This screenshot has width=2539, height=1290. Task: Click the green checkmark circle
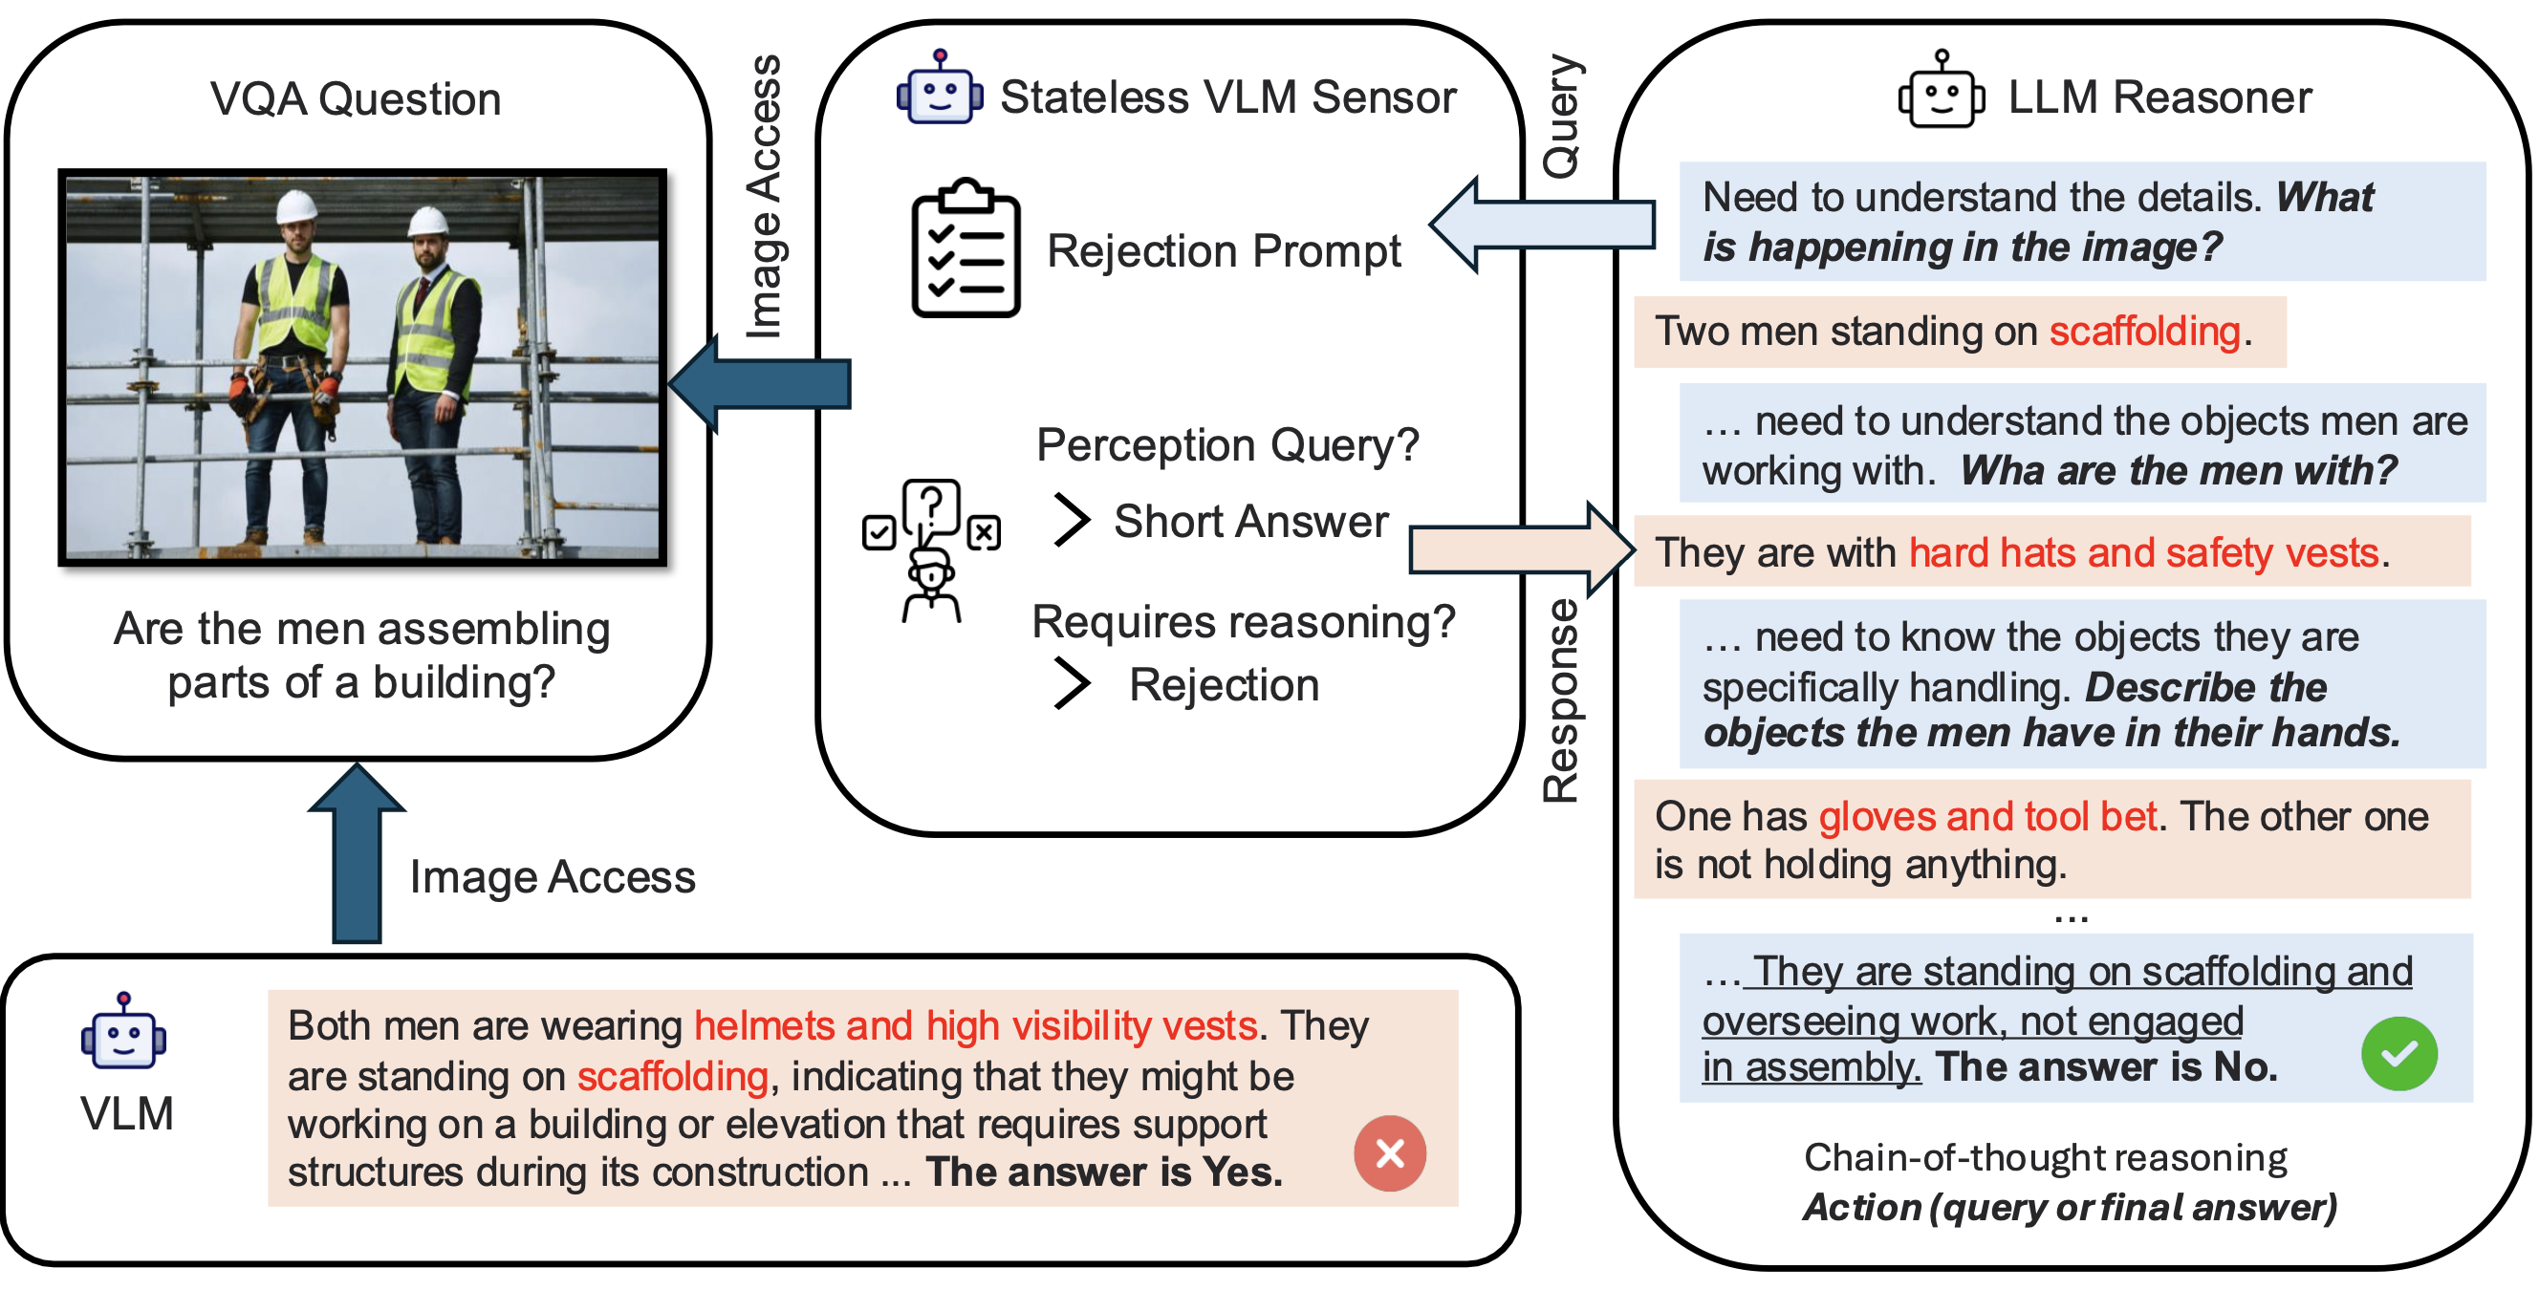[x=2398, y=1053]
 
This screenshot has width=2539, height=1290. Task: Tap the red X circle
[x=1389, y=1152]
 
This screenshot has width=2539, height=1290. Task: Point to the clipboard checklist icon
[x=965, y=248]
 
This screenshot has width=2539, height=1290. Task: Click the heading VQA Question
[x=356, y=99]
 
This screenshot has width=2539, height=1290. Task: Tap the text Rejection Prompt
[x=1223, y=251]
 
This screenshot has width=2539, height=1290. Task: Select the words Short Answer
[x=1249, y=522]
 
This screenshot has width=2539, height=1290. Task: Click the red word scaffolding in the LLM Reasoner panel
[x=2144, y=333]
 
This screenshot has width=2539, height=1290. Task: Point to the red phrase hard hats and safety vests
[x=2143, y=553]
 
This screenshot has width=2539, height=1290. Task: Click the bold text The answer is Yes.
[x=1104, y=1172]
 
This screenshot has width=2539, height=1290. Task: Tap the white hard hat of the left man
[x=295, y=206]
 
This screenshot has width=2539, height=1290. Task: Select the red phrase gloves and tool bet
[x=1987, y=817]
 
